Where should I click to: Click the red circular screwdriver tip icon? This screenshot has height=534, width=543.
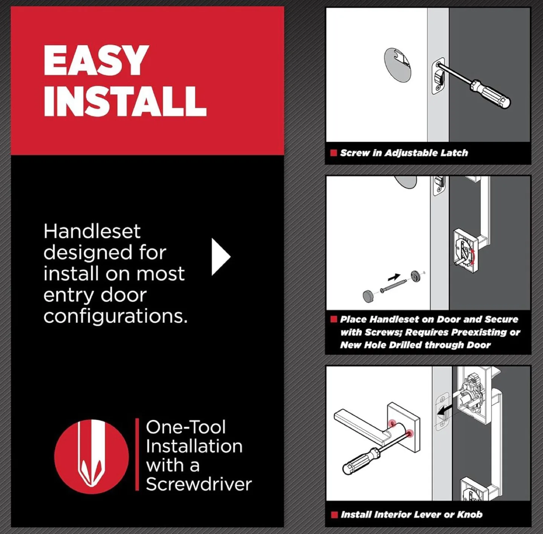tap(91, 457)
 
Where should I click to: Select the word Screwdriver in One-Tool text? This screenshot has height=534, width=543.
tap(198, 484)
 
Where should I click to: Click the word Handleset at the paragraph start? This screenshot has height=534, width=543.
tap(92, 231)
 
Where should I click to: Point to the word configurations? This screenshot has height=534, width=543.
tap(115, 316)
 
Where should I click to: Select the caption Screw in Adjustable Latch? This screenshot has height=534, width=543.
tap(403, 153)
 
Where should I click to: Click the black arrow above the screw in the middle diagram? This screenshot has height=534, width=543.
tap(394, 278)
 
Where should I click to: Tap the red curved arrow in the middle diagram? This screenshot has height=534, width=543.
tap(472, 258)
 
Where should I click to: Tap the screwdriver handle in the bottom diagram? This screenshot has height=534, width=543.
tap(360, 461)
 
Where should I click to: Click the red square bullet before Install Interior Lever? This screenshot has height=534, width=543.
tap(334, 515)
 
